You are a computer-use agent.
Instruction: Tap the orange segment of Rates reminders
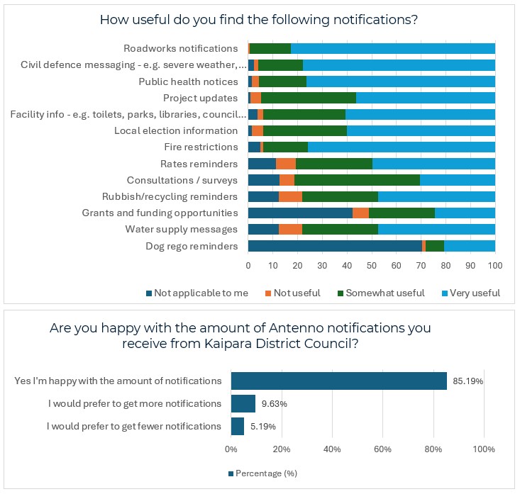(x=286, y=164)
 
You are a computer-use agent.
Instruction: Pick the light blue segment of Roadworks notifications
(x=392, y=48)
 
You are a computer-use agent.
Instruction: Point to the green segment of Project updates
(x=309, y=98)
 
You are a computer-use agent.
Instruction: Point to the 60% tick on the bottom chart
(x=383, y=449)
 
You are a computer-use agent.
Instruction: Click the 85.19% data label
(x=465, y=381)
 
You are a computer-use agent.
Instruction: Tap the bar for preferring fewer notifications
(x=238, y=426)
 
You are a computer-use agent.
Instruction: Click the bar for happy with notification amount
(x=338, y=381)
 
